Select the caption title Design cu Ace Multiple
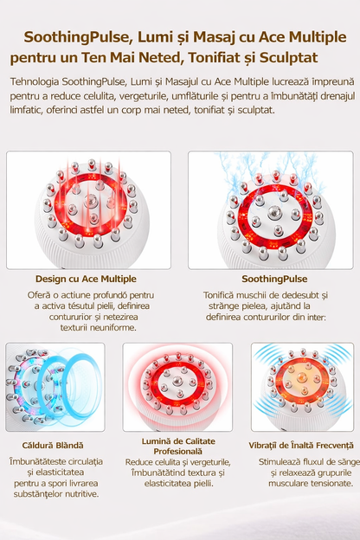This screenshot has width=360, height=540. pos(86,279)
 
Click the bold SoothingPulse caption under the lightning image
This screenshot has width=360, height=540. pos(274,279)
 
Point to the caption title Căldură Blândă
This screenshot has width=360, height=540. pos(53,446)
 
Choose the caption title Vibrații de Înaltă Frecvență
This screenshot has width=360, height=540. pos(301,446)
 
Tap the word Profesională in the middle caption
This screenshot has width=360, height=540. pos(177,451)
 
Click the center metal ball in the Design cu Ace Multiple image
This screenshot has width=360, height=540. pos(91,199)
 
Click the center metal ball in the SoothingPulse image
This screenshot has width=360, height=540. pos(274,209)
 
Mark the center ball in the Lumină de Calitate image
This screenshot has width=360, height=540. pos(177,380)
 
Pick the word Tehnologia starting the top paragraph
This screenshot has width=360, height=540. pos(35,82)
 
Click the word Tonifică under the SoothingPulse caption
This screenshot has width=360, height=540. pos(218,295)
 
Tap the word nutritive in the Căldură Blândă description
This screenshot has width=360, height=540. pos(83,494)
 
